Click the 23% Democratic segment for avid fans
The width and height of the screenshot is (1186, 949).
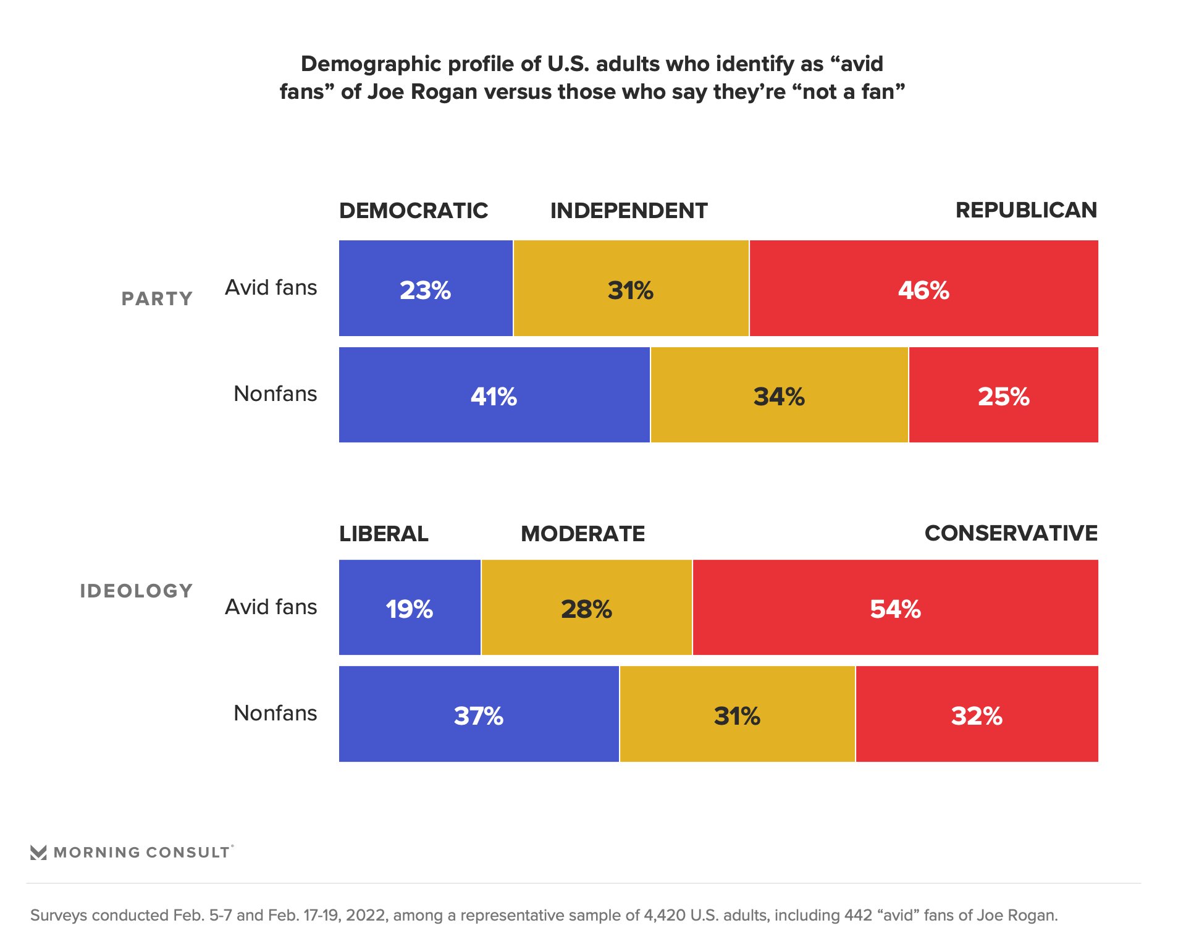coord(426,289)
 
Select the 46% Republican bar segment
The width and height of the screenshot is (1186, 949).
coord(923,289)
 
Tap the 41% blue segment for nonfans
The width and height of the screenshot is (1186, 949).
coord(494,395)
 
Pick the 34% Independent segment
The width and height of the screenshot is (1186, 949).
coord(779,395)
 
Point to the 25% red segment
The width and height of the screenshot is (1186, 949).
coord(1003,395)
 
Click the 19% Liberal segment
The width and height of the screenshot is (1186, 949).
coord(410,608)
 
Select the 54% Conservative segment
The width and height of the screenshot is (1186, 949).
coord(895,608)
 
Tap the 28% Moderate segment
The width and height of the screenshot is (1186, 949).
coord(586,608)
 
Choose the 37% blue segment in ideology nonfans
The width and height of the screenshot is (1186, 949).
coord(479,714)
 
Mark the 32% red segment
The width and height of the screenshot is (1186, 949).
coord(977,714)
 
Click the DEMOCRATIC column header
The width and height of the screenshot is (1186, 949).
coord(413,211)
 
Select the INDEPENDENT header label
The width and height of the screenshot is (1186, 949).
coord(629,211)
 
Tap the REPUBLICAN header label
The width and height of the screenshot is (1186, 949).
coord(1026,210)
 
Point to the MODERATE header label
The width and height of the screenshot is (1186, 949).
coord(582,534)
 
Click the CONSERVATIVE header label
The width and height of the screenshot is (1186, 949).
coord(1011,533)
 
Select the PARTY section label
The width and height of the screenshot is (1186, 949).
coord(157,299)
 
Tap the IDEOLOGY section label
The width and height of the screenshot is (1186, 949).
coord(137,591)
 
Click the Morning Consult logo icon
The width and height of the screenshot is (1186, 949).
coord(38,853)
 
